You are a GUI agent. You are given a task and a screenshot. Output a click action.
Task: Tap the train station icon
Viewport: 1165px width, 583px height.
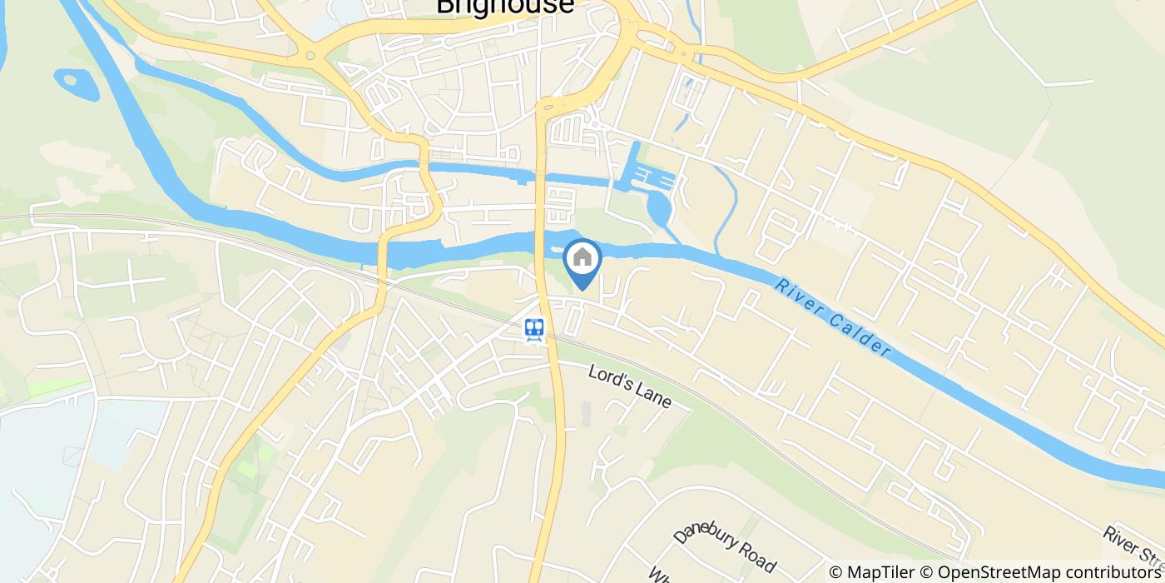tap(534, 330)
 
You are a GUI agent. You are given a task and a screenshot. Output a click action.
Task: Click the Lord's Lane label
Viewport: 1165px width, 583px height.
tap(629, 387)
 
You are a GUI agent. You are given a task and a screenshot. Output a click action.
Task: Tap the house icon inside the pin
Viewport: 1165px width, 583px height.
tap(582, 257)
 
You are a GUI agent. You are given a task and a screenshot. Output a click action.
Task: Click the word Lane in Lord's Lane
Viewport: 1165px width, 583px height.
tap(653, 397)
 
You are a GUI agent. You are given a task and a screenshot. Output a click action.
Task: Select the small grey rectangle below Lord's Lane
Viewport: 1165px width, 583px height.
tap(585, 414)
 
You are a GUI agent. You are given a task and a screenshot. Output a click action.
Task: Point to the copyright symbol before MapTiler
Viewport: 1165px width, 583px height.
tap(836, 572)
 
